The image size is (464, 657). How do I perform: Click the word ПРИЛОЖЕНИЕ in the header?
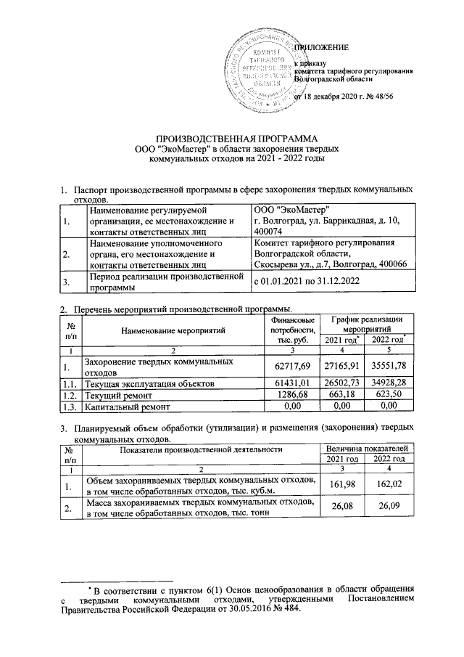322,48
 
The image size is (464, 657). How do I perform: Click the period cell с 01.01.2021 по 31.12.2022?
305,280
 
